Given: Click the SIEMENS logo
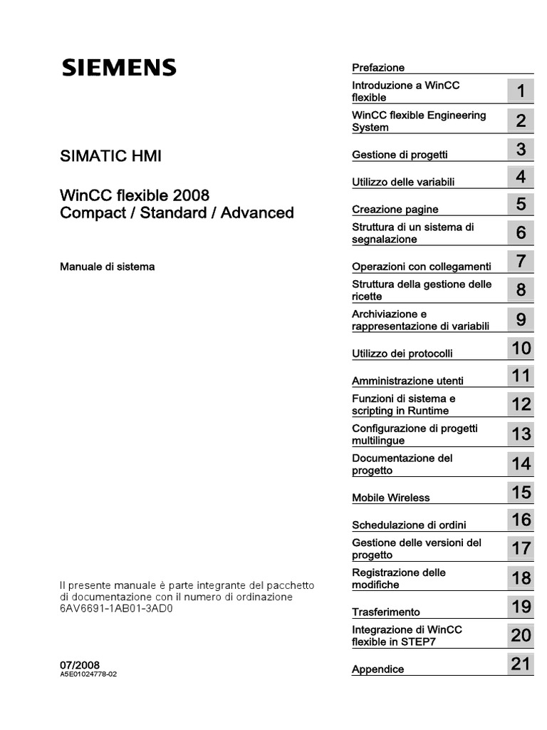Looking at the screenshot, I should click(x=118, y=68).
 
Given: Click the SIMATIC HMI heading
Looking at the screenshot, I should click(x=110, y=156).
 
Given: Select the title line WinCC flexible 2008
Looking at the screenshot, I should click(x=135, y=195).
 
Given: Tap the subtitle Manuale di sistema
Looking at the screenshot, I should click(x=107, y=267).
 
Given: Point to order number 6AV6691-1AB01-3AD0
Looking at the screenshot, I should click(x=117, y=610).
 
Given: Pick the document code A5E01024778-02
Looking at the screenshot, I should click(x=88, y=674).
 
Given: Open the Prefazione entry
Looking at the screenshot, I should click(x=378, y=68).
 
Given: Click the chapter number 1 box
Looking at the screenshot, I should click(x=521, y=91).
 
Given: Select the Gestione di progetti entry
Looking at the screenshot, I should click(x=400, y=155).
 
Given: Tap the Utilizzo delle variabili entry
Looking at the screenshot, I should click(x=403, y=182).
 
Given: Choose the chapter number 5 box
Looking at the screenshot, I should click(x=521, y=205).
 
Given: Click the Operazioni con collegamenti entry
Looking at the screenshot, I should click(x=422, y=267).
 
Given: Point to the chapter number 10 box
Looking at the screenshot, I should click(x=521, y=349).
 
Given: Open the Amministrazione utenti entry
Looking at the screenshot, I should click(x=407, y=381).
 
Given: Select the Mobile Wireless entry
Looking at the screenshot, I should click(x=391, y=498).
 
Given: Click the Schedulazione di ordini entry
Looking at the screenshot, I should click(x=409, y=525).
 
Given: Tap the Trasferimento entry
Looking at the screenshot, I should click(x=386, y=612).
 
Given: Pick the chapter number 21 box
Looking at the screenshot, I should click(x=521, y=665).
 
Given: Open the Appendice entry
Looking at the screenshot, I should click(x=377, y=669).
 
